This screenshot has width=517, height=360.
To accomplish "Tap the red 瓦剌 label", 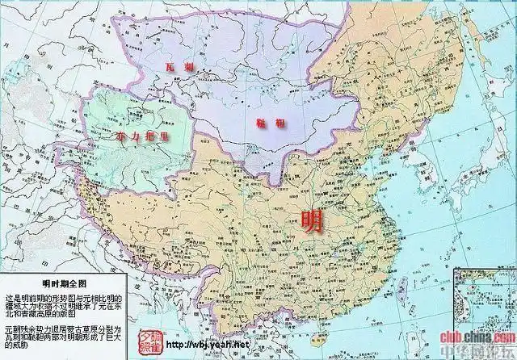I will coord(179,68).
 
